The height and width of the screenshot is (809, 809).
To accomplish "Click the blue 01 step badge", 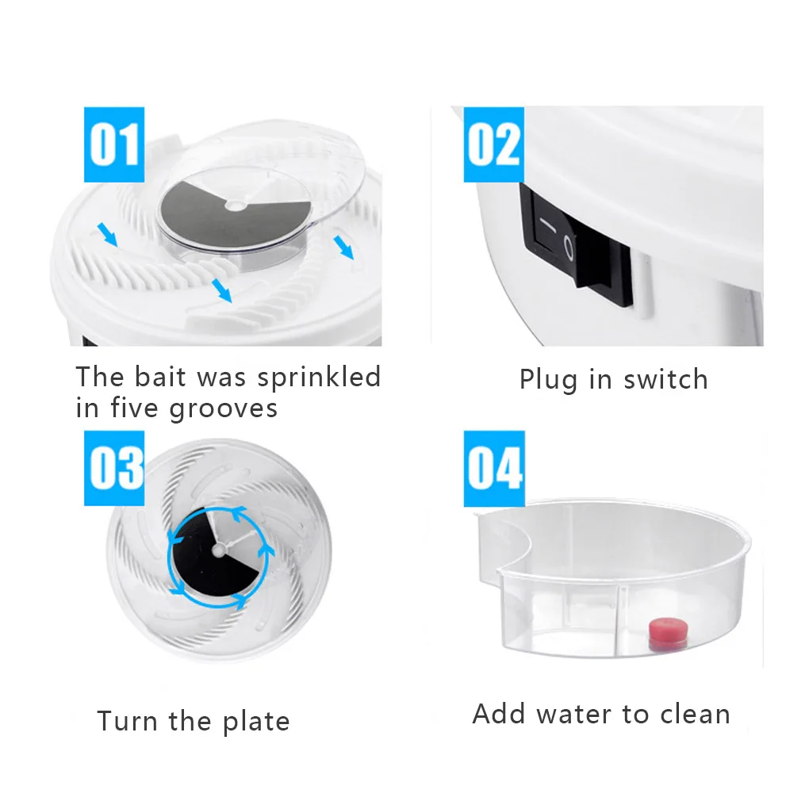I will point(114,144).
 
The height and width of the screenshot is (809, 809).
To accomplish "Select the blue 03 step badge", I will point(115,468).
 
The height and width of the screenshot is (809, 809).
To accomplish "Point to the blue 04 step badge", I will point(494,468).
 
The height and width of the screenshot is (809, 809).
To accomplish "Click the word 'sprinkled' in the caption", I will point(319,378).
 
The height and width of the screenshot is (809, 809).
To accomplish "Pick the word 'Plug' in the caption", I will point(548,380).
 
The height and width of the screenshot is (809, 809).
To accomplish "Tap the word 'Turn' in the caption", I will point(127,722).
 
